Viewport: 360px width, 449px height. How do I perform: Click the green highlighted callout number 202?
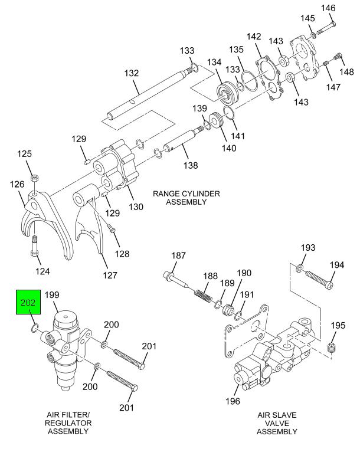click(28, 303)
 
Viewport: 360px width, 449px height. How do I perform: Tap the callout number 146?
click(328, 8)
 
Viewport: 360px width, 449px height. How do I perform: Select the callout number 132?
click(132, 73)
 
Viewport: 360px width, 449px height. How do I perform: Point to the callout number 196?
click(233, 401)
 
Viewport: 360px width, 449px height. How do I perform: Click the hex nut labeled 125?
click(35, 178)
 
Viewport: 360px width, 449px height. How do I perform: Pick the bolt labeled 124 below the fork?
click(34, 245)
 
